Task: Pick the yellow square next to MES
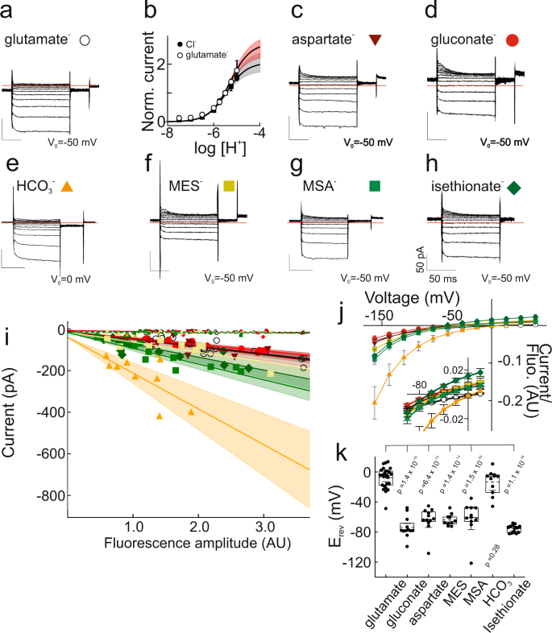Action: point(230,187)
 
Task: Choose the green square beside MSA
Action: point(375,187)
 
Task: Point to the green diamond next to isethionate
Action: point(514,188)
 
